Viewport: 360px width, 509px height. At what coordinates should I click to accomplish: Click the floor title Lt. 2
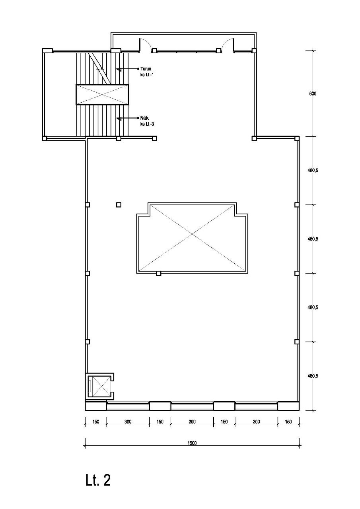pos(98,480)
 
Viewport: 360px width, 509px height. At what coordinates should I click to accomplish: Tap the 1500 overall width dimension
pos(193,443)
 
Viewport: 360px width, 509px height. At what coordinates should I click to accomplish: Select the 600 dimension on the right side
pos(312,94)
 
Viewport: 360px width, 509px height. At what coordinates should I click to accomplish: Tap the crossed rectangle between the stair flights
pos(103,94)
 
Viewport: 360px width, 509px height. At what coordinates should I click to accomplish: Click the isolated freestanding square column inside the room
pos(119,205)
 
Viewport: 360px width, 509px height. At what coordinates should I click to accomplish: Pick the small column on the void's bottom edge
pos(158,274)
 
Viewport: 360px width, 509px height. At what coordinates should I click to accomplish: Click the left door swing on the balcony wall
pos(145,45)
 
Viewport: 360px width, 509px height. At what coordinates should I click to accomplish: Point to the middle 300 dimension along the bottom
pos(192,422)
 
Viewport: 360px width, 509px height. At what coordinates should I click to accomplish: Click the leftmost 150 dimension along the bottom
pos(95,422)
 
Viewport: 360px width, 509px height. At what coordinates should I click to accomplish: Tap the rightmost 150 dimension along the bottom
pos(288,422)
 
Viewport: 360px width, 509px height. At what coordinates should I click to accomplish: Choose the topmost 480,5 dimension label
pos(313,171)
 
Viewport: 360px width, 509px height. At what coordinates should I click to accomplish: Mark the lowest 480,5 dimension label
pos(313,376)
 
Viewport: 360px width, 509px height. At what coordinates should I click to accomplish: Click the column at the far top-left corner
pos(47,51)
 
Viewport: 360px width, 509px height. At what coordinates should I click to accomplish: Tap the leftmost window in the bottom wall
pos(128,406)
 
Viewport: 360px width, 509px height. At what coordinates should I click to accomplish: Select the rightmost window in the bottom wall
pos(256,406)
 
